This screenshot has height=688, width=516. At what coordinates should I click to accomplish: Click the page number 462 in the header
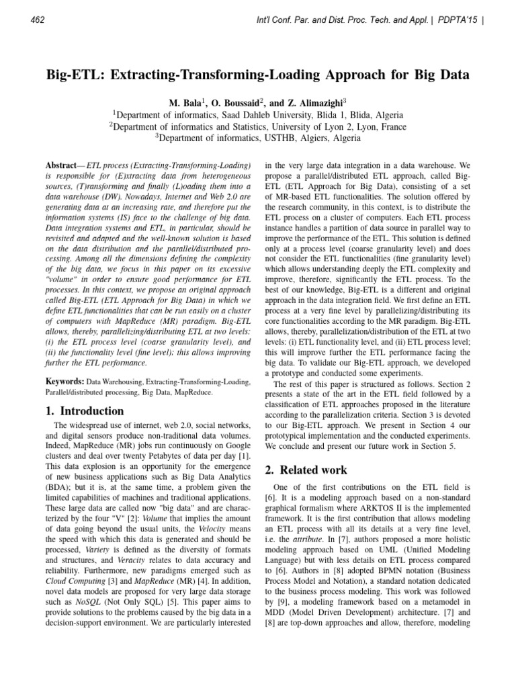tap(38, 19)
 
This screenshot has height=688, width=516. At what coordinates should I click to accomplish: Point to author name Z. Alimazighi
tap(310, 103)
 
